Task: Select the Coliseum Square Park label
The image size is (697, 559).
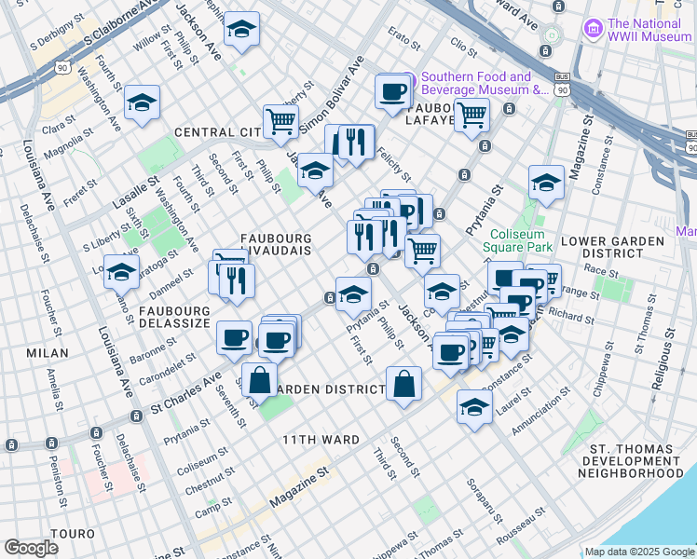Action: click(518, 239)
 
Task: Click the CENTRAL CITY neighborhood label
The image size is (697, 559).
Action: click(213, 132)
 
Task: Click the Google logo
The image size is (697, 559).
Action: click(32, 548)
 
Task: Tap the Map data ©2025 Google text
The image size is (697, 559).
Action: click(639, 552)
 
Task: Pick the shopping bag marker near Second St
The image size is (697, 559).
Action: click(403, 385)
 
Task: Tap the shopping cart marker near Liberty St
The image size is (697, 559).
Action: click(280, 120)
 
